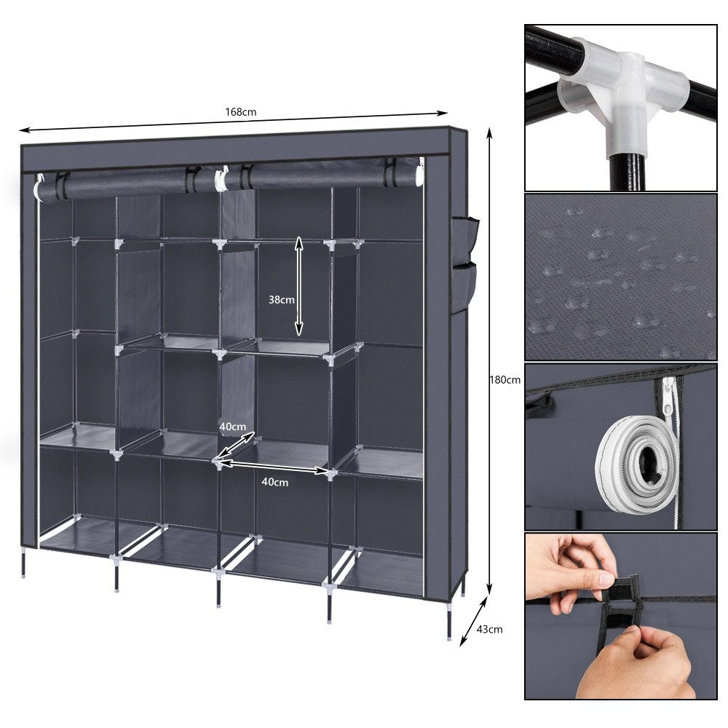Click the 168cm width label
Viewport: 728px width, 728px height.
[240, 112]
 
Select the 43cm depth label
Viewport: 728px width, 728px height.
[489, 629]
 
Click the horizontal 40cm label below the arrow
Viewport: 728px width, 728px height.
[274, 482]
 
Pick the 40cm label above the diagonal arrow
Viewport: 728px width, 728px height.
[234, 426]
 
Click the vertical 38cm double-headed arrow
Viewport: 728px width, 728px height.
[298, 285]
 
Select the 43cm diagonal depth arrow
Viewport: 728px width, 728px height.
[473, 617]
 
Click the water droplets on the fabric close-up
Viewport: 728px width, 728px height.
[619, 277]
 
